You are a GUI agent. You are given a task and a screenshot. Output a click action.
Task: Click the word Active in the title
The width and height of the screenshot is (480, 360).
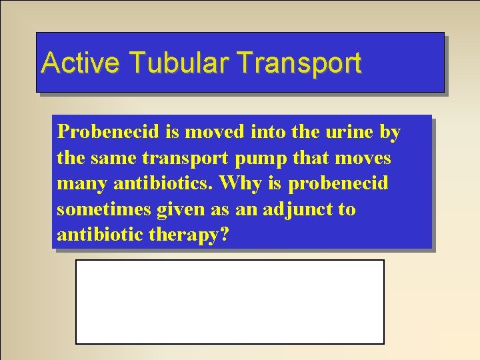80,63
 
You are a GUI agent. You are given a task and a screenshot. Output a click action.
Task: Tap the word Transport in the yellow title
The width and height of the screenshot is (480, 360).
298,63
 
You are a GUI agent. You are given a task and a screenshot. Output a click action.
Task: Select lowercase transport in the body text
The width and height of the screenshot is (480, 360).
181,159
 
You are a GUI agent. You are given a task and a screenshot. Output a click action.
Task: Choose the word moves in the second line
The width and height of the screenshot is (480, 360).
364,158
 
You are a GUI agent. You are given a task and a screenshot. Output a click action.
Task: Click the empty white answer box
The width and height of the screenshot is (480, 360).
229,301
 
